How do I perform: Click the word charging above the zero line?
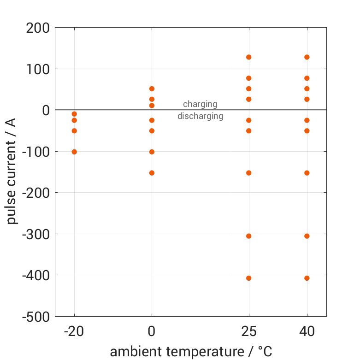pyautogui.click(x=200, y=104)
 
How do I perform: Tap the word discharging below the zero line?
pyautogui.click(x=200, y=116)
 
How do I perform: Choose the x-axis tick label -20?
pyautogui.click(x=74, y=332)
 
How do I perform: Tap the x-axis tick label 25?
pyautogui.click(x=249, y=332)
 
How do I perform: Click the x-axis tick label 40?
pyautogui.click(x=307, y=332)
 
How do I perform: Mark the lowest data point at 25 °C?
pyautogui.click(x=249, y=278)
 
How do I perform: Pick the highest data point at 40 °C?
pyautogui.click(x=307, y=57)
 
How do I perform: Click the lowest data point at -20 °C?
pyautogui.click(x=74, y=152)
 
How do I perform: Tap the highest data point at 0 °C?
pyautogui.click(x=152, y=89)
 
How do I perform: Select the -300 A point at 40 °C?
pyautogui.click(x=307, y=236)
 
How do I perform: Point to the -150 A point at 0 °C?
pyautogui.click(x=152, y=173)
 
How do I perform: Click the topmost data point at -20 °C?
pyautogui.click(x=74, y=114)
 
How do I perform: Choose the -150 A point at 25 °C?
pyautogui.click(x=249, y=173)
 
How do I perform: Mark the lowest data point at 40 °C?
pyautogui.click(x=307, y=278)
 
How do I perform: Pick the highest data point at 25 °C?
pyautogui.click(x=249, y=57)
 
